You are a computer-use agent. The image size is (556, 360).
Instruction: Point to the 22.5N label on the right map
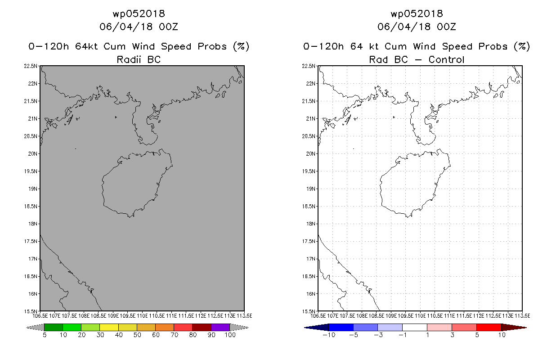click(308, 66)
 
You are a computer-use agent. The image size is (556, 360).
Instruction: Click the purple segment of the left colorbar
click(220, 327)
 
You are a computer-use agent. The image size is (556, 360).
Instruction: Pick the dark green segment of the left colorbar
click(54, 327)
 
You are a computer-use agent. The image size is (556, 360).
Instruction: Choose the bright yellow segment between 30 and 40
click(109, 327)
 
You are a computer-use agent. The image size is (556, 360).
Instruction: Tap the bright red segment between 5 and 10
click(489, 327)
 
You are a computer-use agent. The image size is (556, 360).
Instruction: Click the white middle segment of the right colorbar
click(415, 327)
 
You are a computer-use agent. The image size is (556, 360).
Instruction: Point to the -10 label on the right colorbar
click(329, 335)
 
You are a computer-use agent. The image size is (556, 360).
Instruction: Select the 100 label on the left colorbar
click(230, 335)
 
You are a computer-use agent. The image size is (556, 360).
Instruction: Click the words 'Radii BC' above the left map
click(139, 59)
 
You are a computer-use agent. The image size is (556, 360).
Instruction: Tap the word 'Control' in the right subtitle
click(446, 59)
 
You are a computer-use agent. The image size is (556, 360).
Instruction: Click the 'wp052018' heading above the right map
click(417, 13)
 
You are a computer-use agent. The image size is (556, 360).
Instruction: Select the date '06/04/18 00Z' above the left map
click(139, 27)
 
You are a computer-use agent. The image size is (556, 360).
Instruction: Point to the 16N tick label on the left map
click(32, 294)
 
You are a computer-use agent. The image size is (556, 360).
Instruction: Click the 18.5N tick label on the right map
click(308, 206)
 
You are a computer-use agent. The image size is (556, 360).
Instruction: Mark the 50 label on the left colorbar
click(137, 335)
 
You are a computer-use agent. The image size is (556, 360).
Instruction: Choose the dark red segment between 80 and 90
click(202, 327)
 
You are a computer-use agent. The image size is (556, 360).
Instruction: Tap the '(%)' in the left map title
click(241, 46)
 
